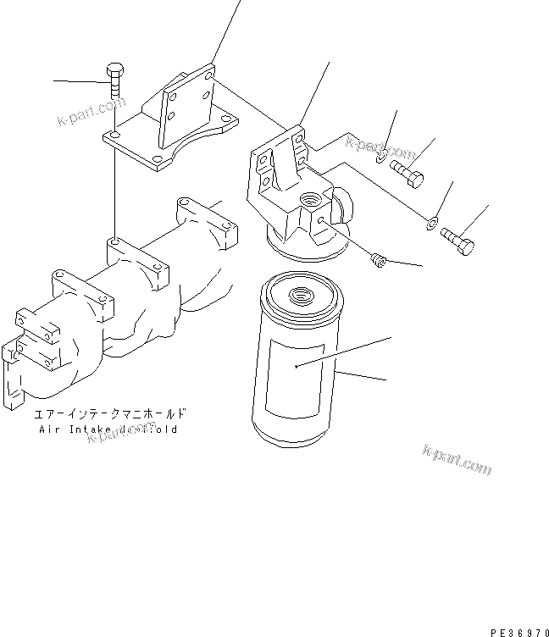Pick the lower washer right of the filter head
[432, 223]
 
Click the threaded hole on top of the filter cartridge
[301, 297]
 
